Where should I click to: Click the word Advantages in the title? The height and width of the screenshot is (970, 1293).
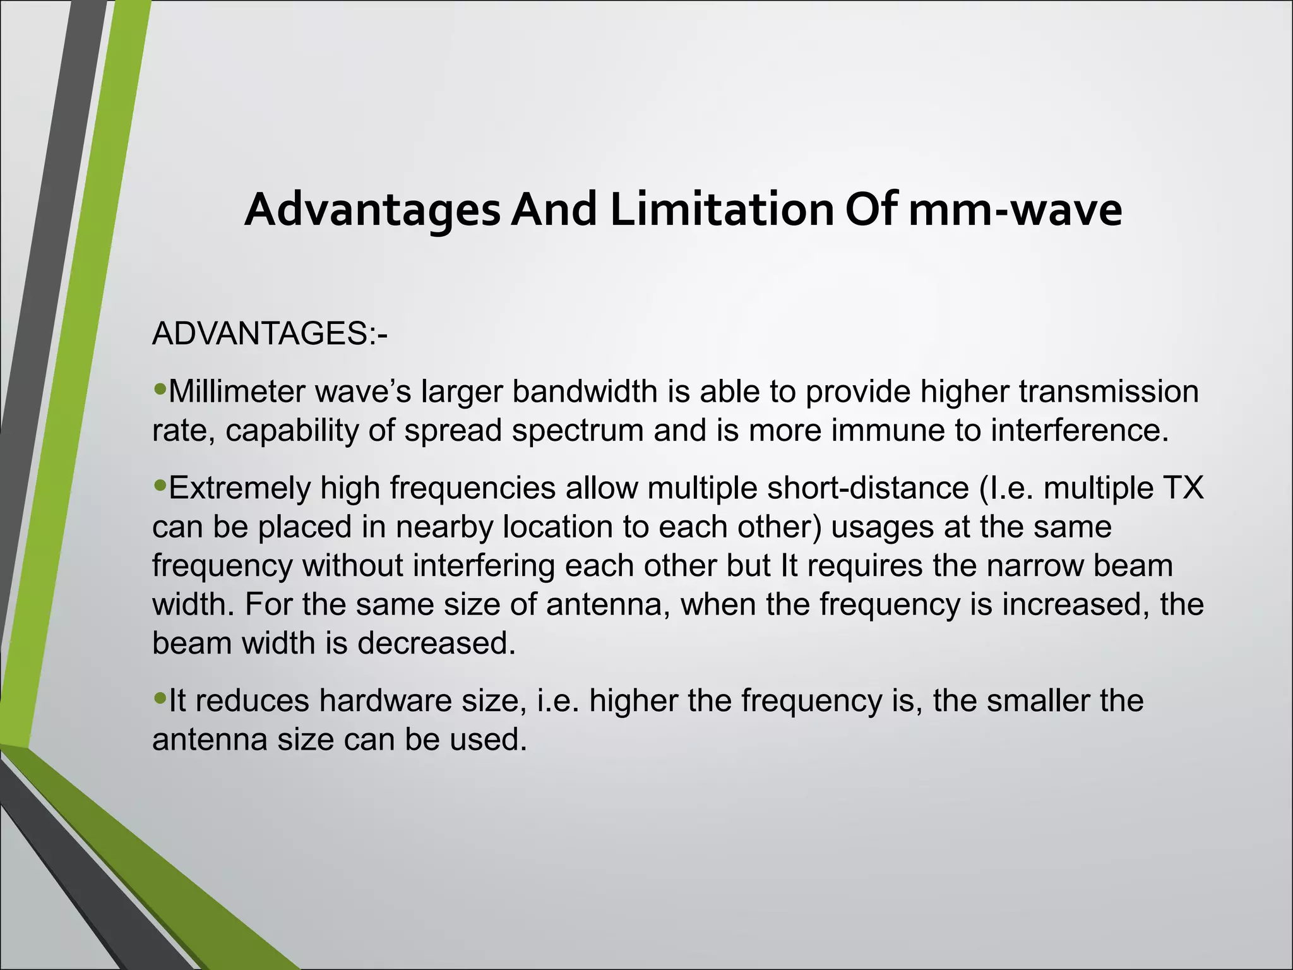tap(372, 210)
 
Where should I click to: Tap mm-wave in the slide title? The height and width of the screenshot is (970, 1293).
tap(1015, 210)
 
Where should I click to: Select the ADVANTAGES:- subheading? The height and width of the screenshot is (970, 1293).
tap(270, 333)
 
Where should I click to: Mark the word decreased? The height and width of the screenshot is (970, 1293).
tap(436, 643)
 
